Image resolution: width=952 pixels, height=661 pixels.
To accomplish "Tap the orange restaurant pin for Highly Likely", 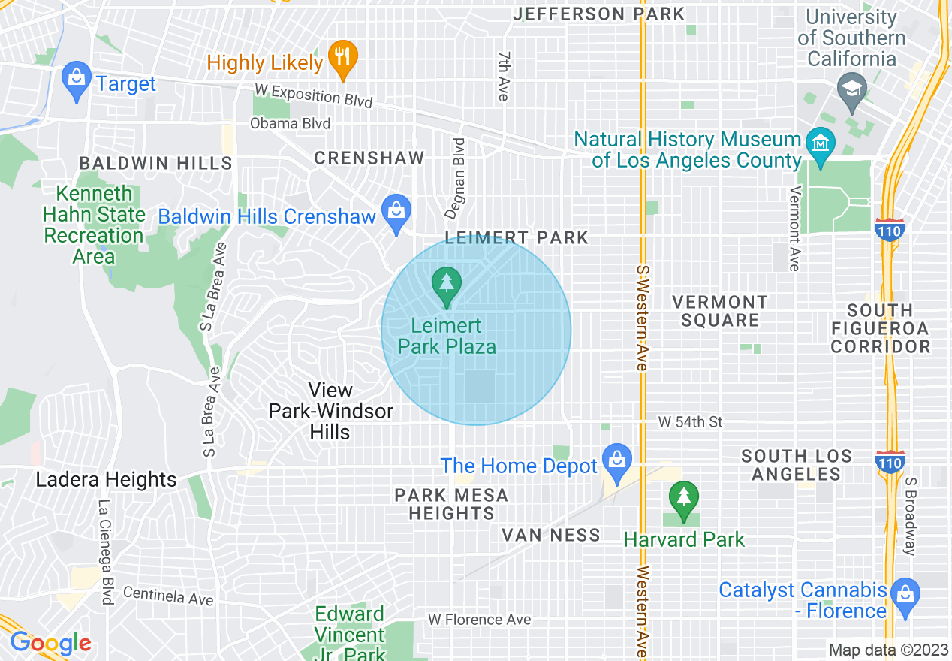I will pyautogui.click(x=342, y=59).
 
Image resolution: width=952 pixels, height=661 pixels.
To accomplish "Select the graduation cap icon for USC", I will pyautogui.click(x=851, y=90).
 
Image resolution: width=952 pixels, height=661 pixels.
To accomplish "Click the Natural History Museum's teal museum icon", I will pyautogui.click(x=818, y=142).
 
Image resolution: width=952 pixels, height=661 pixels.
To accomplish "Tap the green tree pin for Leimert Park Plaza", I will pyautogui.click(x=447, y=286).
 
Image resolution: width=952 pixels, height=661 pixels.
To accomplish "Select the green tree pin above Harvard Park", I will pyautogui.click(x=683, y=500).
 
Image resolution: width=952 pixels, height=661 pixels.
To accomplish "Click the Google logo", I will pyautogui.click(x=50, y=644).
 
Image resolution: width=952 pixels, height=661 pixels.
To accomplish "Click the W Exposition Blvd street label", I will pyautogui.click(x=313, y=95).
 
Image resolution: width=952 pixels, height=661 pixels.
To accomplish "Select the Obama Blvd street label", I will pyautogui.click(x=290, y=123).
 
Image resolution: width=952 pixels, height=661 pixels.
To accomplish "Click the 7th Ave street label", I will pyautogui.click(x=503, y=77).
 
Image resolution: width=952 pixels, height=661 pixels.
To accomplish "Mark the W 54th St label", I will pyautogui.click(x=690, y=422).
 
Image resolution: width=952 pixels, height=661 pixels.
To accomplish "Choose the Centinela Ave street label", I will pyautogui.click(x=168, y=596).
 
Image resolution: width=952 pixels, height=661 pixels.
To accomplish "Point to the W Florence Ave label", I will pyautogui.click(x=479, y=620).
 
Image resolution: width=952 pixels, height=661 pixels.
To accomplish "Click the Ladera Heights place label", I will pyautogui.click(x=106, y=480).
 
